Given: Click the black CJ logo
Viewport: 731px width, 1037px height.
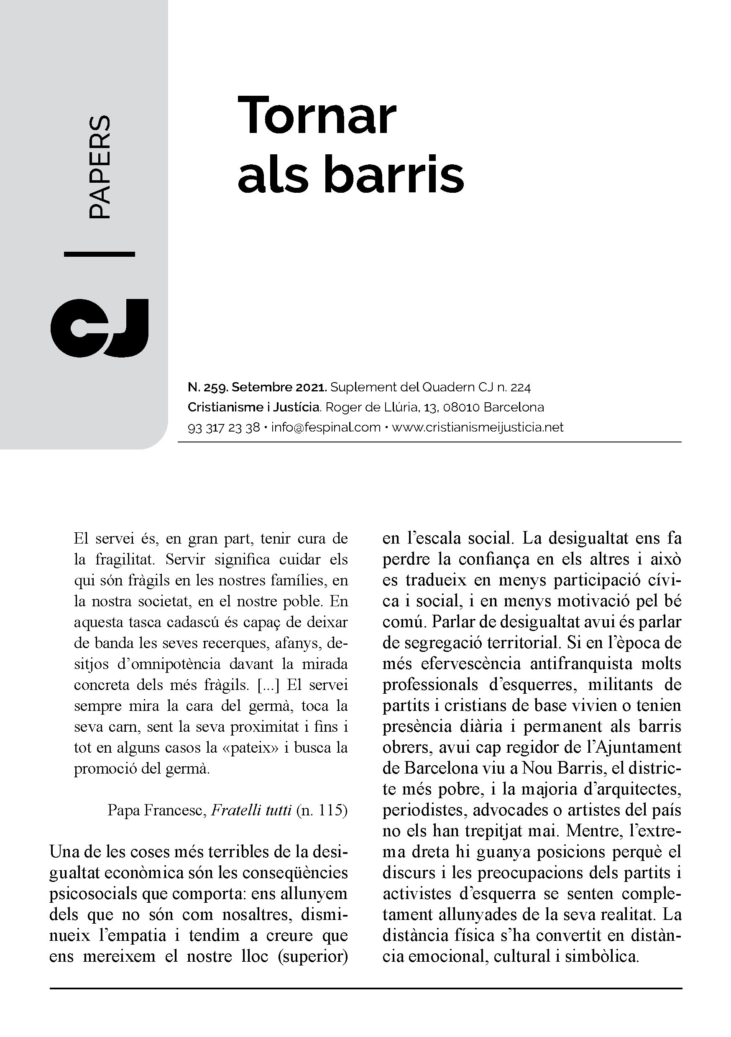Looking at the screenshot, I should click(x=100, y=327).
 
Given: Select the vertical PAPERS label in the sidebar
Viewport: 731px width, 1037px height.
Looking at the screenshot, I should click(x=99, y=168).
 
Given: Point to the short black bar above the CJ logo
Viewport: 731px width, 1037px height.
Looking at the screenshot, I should click(x=100, y=254).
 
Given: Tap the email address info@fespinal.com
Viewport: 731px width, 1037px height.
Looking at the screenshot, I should click(x=326, y=427).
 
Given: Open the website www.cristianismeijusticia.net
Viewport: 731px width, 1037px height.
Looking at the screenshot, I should click(x=478, y=427).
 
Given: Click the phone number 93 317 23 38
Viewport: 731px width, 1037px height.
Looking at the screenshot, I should click(x=224, y=427).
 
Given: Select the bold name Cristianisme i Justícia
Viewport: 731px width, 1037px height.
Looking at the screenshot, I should click(x=254, y=407).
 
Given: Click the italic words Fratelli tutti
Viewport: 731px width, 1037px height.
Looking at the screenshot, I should click(x=251, y=810).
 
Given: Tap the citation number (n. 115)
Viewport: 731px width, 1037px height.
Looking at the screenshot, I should click(x=322, y=810).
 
